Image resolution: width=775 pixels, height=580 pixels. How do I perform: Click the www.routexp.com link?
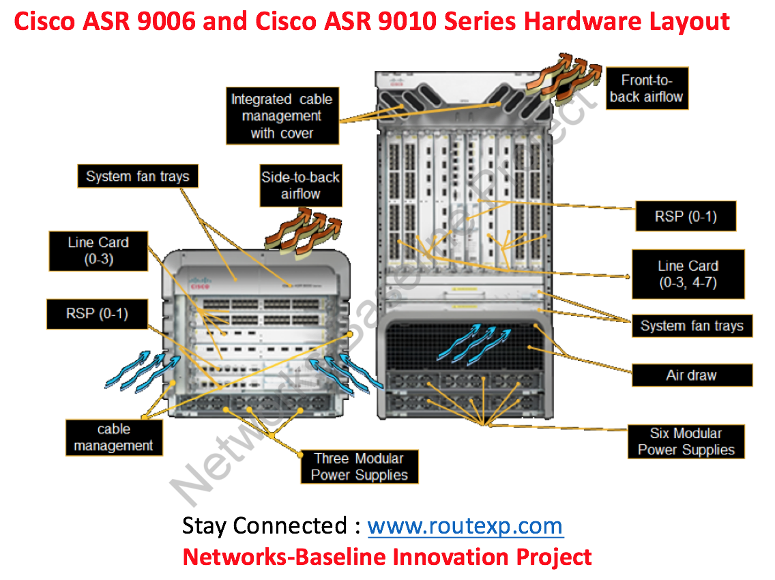click(465, 526)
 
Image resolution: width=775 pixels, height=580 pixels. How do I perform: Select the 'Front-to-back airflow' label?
click(645, 89)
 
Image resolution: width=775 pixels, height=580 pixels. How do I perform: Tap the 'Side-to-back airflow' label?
click(300, 186)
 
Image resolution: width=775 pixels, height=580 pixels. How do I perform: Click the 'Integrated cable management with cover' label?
click(282, 116)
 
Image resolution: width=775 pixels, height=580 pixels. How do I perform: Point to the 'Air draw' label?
click(691, 375)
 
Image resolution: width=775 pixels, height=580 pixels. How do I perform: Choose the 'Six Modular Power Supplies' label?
click(686, 441)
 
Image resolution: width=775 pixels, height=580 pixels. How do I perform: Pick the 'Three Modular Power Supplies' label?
click(359, 467)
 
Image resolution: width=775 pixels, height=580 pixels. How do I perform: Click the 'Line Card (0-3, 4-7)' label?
click(688, 274)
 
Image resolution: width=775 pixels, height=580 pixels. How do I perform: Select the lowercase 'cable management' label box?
click(114, 438)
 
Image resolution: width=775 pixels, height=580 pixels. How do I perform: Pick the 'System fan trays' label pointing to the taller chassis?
click(691, 326)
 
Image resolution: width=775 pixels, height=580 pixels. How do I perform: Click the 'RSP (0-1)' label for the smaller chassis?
click(97, 314)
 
